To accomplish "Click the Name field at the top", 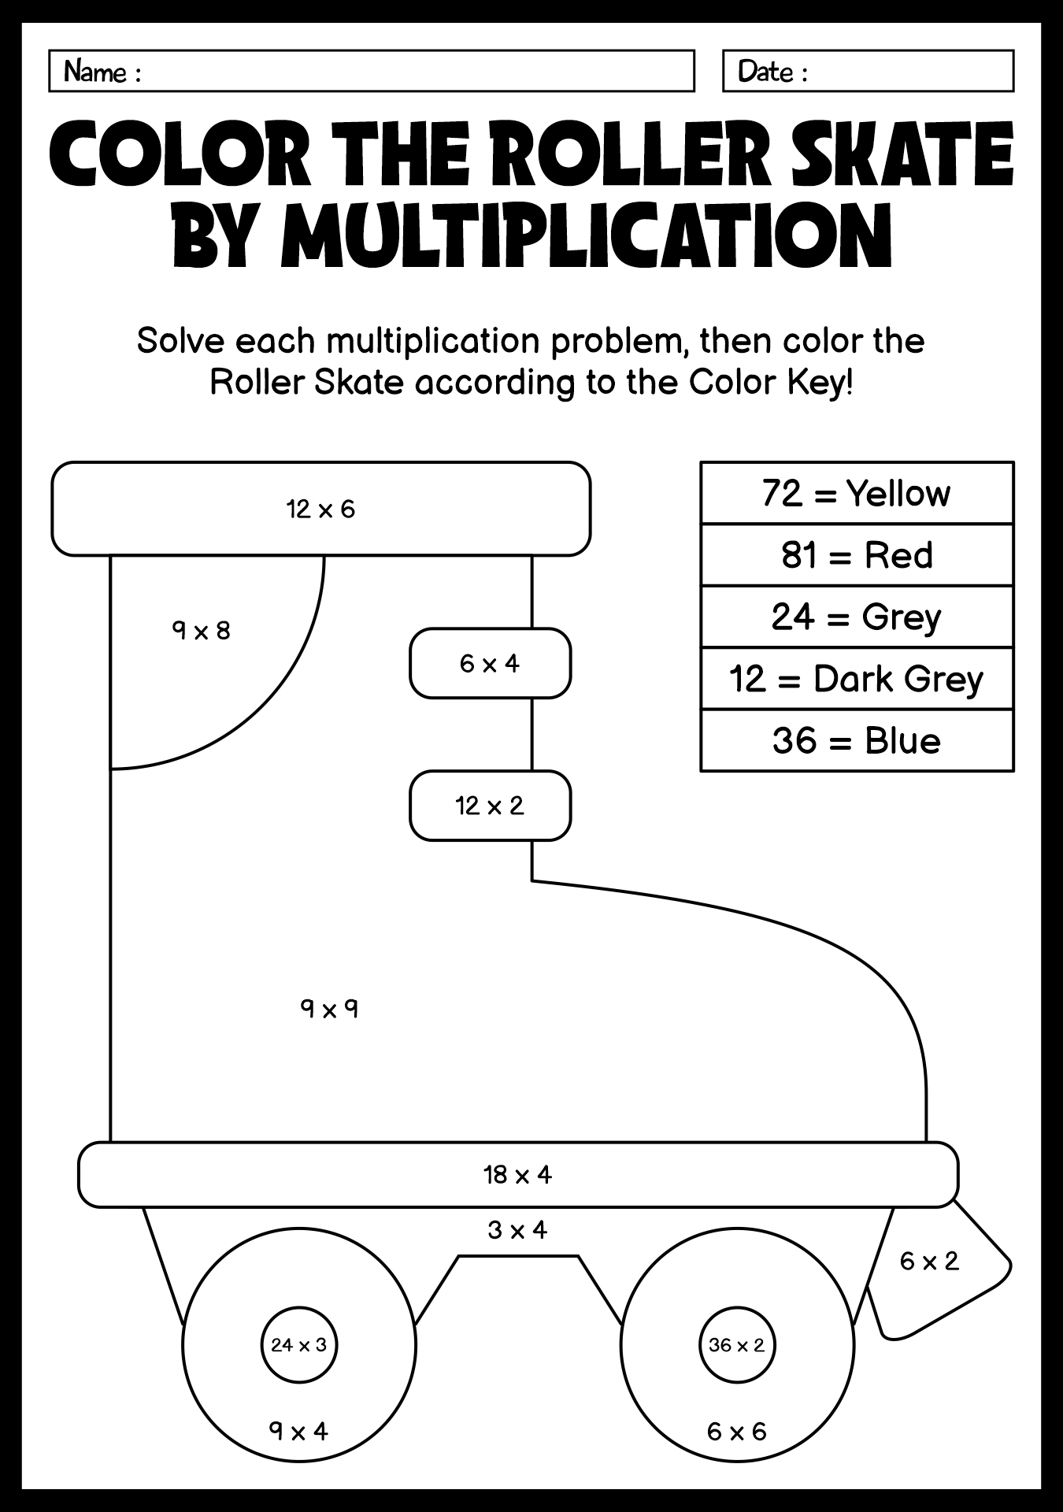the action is pyautogui.click(x=372, y=71).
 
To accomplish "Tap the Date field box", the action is pyautogui.click(x=868, y=71).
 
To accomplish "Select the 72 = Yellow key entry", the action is pyautogui.click(x=857, y=493).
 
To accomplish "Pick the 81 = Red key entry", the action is pyautogui.click(x=857, y=555).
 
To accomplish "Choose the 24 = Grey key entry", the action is pyautogui.click(x=857, y=617).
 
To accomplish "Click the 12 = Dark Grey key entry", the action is pyautogui.click(x=857, y=679).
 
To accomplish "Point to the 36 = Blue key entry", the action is pyautogui.click(x=857, y=741).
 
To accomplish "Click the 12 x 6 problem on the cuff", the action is pyautogui.click(x=321, y=510).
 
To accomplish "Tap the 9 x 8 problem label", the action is pyautogui.click(x=202, y=631).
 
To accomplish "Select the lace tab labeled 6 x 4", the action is pyautogui.click(x=490, y=663).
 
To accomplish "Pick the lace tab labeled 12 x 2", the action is pyautogui.click(x=490, y=806).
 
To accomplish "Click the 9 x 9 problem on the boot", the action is pyautogui.click(x=329, y=1008).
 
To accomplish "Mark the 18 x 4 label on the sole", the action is pyautogui.click(x=518, y=1175).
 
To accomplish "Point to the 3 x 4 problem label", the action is pyautogui.click(x=517, y=1229).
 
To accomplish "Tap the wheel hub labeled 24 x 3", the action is pyautogui.click(x=299, y=1345).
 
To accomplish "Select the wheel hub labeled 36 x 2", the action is pyautogui.click(x=737, y=1345).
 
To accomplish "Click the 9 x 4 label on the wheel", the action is pyautogui.click(x=298, y=1430).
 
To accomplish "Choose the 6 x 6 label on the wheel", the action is pyautogui.click(x=737, y=1431).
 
